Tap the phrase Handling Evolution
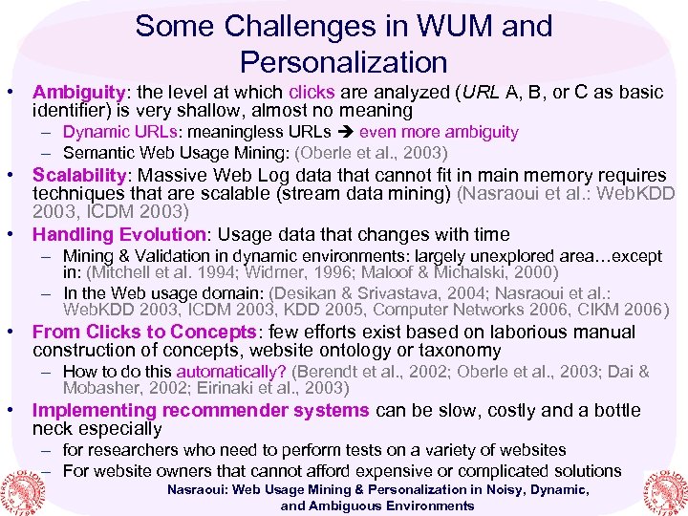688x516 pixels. [x=118, y=234]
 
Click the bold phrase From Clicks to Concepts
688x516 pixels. [x=143, y=333]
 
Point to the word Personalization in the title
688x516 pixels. [x=344, y=62]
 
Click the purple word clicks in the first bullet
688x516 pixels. [x=312, y=93]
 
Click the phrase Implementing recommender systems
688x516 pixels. [x=201, y=411]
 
